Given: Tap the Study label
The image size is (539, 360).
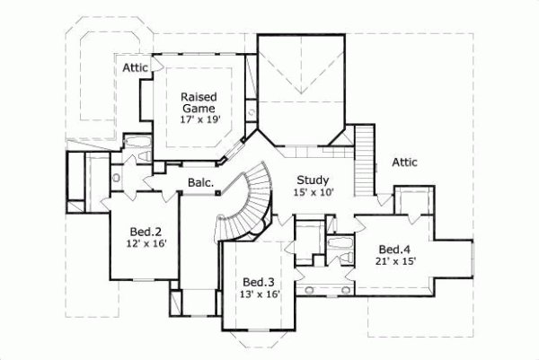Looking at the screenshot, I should click(312, 180).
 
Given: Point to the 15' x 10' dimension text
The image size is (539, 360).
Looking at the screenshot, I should click(312, 192).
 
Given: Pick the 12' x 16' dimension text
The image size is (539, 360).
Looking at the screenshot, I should click(141, 242).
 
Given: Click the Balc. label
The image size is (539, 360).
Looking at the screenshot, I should click(199, 183).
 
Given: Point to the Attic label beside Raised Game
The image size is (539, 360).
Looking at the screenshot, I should click(137, 67).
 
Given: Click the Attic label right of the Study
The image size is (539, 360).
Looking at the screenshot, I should click(408, 162).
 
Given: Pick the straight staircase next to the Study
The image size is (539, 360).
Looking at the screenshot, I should click(364, 158).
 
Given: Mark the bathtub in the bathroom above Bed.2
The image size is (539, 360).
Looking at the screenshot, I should click(137, 144).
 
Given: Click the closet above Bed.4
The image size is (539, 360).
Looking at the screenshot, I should click(411, 204).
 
